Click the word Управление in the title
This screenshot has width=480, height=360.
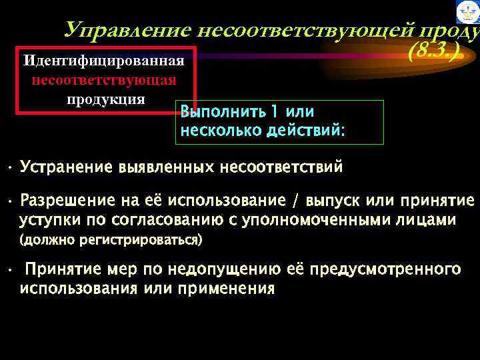[x=125, y=30]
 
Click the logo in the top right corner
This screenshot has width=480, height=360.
[x=467, y=12]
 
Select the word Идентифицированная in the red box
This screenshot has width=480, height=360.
[x=103, y=61]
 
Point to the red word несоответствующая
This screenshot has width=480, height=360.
[x=103, y=81]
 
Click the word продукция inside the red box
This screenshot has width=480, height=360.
[x=105, y=99]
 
